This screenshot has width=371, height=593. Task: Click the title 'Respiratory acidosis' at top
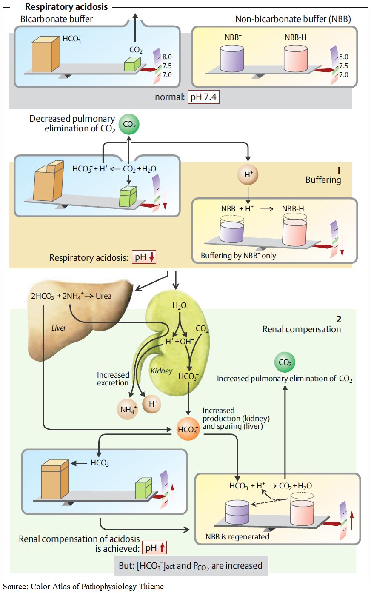click(66, 7)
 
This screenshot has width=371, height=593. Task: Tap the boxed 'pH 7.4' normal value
click(203, 97)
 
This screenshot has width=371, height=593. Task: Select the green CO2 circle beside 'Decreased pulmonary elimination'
click(129, 125)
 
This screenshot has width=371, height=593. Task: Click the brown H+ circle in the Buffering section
click(247, 174)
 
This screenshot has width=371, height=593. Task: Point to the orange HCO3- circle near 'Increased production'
click(188, 429)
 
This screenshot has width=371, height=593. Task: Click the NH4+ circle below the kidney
click(128, 410)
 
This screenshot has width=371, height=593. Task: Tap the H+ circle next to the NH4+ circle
click(152, 404)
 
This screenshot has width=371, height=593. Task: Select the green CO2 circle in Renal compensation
click(285, 363)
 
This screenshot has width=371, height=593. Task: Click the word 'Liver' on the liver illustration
click(59, 328)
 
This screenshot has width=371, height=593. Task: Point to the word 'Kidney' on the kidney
click(161, 371)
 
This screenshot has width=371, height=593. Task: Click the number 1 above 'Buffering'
click(338, 171)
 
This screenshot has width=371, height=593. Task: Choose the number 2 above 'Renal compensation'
click(338, 319)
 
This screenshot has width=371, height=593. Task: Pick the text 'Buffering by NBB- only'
click(238, 256)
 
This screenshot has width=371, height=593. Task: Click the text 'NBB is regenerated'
click(237, 536)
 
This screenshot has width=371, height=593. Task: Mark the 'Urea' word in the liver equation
click(103, 296)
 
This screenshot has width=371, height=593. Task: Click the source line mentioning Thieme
click(83, 587)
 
